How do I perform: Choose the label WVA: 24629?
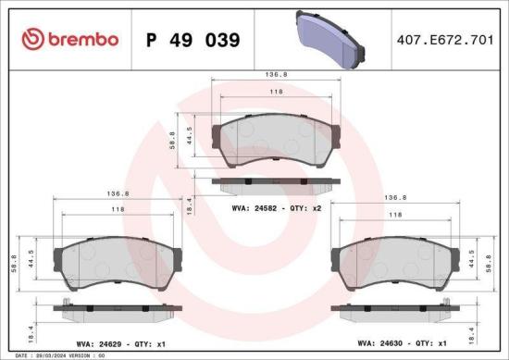pyautogui.click(x=100, y=341)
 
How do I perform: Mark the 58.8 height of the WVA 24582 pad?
pyautogui.click(x=170, y=142)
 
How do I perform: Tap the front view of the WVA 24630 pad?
pyautogui.click(x=396, y=261)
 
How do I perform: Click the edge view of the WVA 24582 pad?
pyautogui.click(x=270, y=182)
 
